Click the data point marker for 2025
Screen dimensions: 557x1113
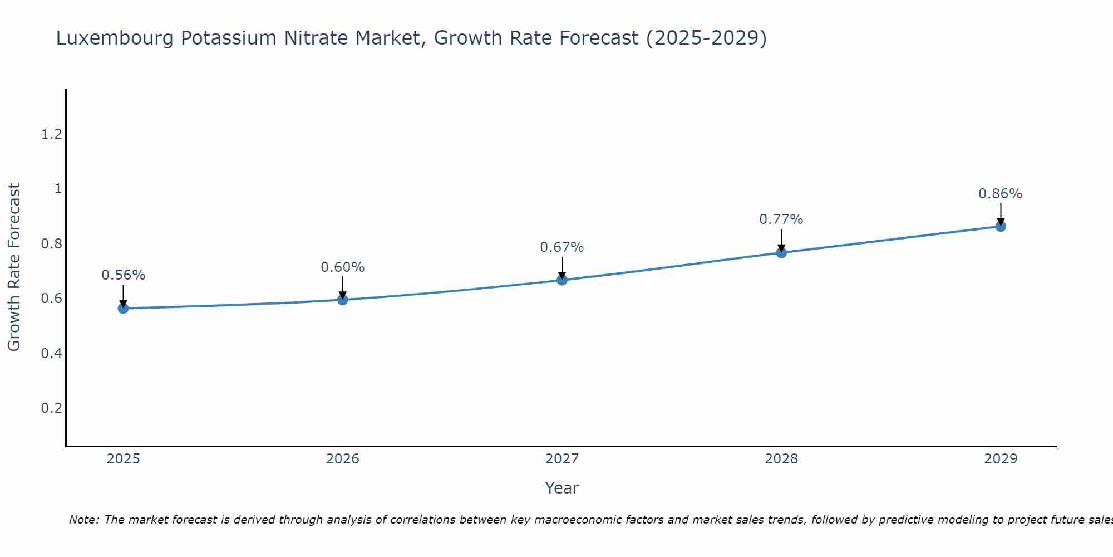tap(123, 308)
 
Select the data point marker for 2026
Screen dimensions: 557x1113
tap(343, 300)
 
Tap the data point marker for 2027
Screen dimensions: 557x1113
tap(562, 280)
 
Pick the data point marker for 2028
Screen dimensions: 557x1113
tap(781, 252)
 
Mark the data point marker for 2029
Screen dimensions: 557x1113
tap(1001, 226)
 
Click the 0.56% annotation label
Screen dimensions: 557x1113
tap(123, 275)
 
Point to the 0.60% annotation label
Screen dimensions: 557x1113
tap(343, 267)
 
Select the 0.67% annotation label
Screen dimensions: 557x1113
tap(562, 247)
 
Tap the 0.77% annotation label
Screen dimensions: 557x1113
tap(781, 219)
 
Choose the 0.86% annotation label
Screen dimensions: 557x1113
tap(1001, 194)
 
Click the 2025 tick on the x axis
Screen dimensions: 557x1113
tap(123, 459)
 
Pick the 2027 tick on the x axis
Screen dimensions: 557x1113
tap(562, 459)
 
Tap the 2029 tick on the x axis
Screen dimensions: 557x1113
tap(1001, 459)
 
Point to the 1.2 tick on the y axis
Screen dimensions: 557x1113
tap(51, 134)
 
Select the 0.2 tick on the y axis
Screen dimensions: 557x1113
tap(51, 408)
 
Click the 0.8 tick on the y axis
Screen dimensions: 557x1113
tap(51, 244)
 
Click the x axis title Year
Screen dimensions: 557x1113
tap(562, 488)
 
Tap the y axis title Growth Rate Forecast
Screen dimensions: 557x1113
tap(14, 267)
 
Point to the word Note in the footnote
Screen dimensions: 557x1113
tap(83, 520)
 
